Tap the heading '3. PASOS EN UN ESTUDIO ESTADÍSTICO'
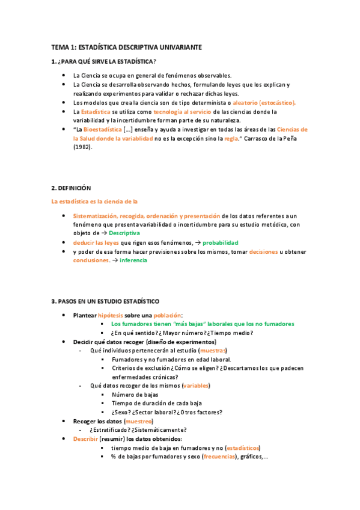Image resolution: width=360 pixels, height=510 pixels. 105,301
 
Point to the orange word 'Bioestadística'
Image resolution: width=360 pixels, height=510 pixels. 102,129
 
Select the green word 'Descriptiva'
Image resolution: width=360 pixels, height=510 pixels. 124,233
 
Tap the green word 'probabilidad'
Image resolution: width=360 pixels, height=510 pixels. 221,242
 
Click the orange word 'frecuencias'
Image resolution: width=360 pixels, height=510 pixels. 220,457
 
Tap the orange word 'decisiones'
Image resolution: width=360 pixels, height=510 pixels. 263,251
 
